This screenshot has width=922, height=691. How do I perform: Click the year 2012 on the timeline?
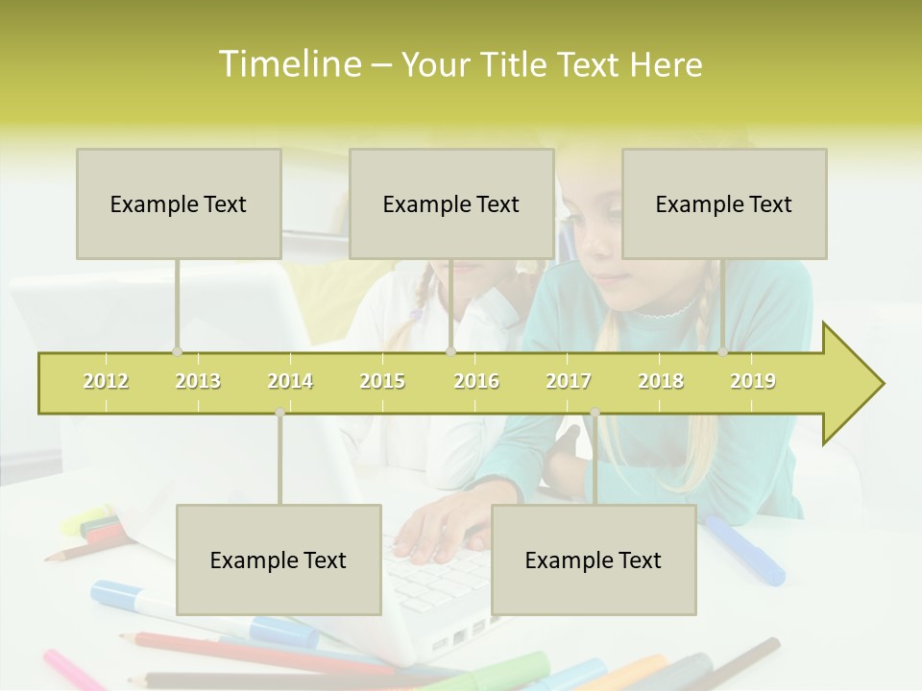point(106,381)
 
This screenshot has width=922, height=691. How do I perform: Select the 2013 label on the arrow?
point(198,381)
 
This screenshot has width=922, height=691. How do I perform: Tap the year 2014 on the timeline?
point(290,381)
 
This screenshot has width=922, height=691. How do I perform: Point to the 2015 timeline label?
point(382,381)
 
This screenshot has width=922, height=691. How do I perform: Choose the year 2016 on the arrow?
point(476,381)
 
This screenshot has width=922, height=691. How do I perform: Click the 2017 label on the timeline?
point(569,381)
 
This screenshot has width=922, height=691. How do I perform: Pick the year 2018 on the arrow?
point(661,381)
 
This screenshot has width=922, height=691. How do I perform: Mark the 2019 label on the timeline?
point(753,381)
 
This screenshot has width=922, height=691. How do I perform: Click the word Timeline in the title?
point(287,64)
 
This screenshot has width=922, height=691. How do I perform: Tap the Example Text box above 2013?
point(179,203)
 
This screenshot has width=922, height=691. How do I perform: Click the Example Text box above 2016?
point(451,203)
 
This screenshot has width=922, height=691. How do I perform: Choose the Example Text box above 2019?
point(724,203)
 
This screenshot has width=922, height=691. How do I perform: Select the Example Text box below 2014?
point(279,560)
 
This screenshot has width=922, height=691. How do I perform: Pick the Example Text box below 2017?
point(594,560)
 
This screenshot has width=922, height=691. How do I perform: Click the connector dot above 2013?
point(177,352)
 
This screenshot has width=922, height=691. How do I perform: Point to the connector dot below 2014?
point(279,413)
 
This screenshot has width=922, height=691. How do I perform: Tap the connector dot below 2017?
point(594,413)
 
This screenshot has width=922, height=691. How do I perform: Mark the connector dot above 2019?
point(722,352)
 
